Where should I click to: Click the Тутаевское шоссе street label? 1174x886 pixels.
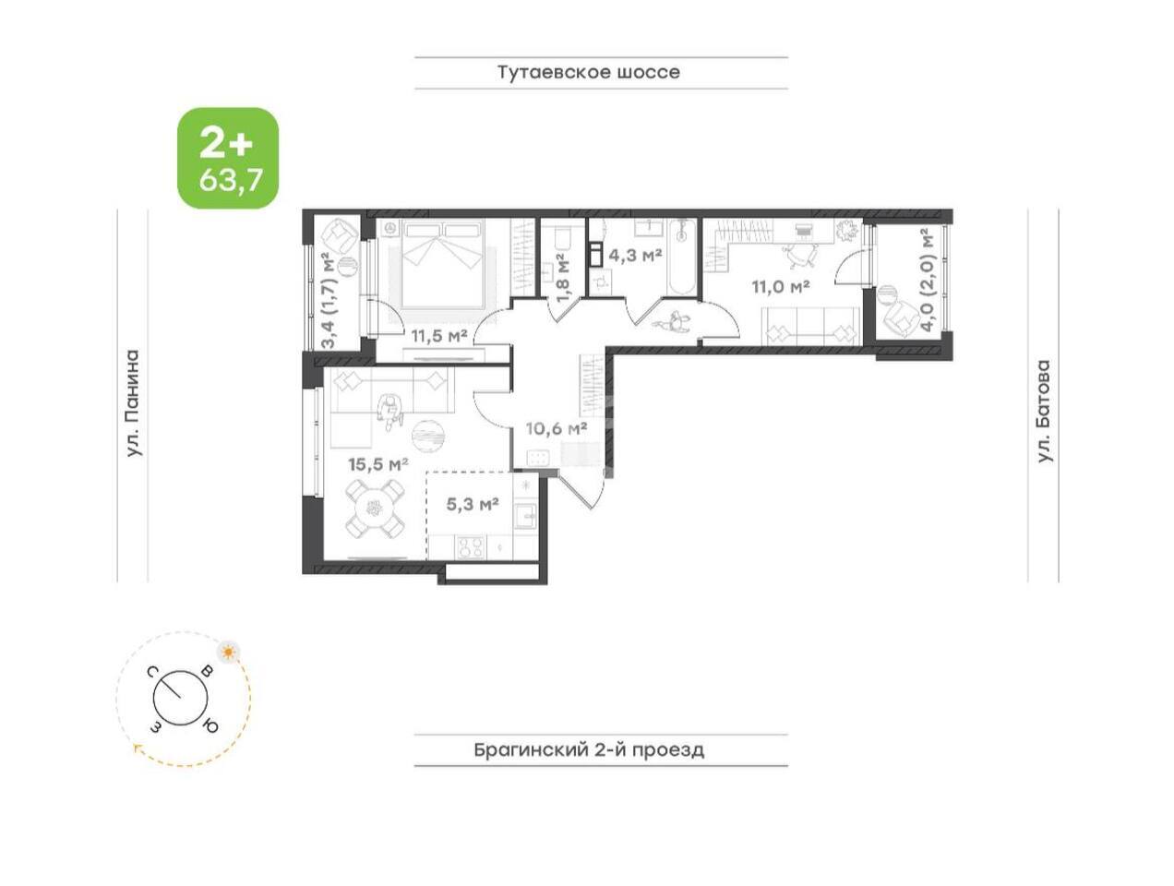point(588,72)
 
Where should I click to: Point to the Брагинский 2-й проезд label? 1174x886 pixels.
point(588,749)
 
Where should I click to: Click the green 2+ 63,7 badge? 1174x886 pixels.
point(228,158)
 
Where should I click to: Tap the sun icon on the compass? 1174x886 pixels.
point(229,652)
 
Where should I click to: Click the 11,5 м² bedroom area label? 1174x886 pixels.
point(439,336)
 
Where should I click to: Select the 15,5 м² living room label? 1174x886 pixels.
point(378,463)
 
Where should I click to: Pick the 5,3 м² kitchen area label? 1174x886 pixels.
point(473,504)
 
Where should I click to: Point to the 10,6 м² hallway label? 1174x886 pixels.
point(557,428)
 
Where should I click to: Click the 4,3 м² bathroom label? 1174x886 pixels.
point(635,256)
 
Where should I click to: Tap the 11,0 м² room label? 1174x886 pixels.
point(780,287)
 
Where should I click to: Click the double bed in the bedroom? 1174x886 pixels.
point(444,264)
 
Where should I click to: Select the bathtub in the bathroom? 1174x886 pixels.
point(681,257)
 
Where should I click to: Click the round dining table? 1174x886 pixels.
point(374,508)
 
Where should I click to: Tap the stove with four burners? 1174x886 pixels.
point(471,547)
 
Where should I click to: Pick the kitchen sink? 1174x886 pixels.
point(525,516)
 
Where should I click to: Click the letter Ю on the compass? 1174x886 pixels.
point(211,725)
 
